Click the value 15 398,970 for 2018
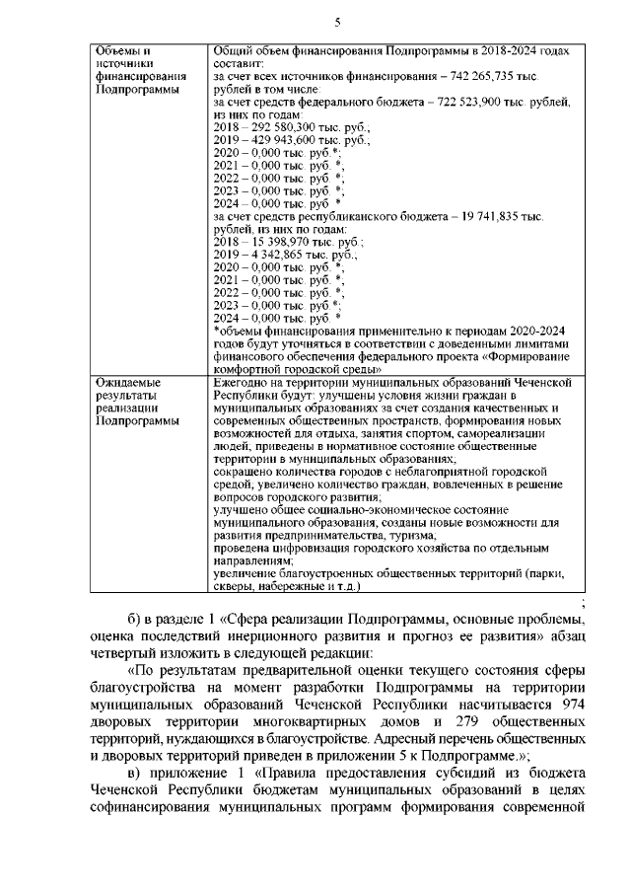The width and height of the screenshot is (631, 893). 272,242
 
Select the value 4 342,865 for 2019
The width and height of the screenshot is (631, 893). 270,255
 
